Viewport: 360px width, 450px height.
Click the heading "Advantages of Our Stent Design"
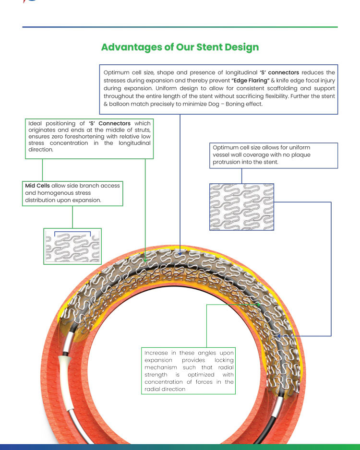point(180,47)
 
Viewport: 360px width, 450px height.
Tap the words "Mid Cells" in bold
point(37,186)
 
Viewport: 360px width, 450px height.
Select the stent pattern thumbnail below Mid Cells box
point(72,246)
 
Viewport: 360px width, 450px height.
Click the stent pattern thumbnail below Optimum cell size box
point(241,207)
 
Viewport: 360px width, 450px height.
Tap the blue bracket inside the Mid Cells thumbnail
point(72,233)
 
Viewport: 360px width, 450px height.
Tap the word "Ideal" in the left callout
point(36,124)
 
